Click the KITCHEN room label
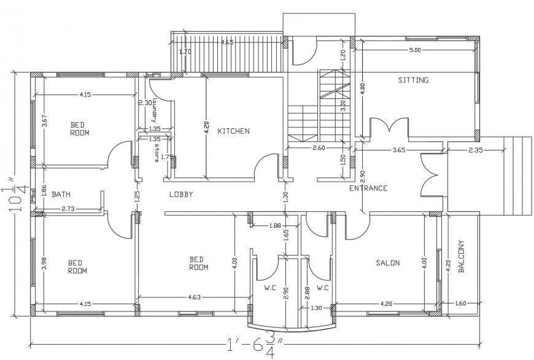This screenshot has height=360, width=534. [233, 131]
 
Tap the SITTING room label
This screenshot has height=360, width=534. [413, 80]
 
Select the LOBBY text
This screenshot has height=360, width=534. [181, 194]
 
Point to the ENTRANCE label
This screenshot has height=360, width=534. [368, 188]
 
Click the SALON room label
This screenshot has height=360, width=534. [387, 263]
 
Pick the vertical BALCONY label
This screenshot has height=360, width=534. [461, 257]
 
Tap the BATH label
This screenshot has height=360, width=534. [60, 194]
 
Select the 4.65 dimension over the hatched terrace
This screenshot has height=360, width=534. [226, 42]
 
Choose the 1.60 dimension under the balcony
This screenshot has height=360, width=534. [461, 303]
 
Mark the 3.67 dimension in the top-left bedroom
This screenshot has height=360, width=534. [44, 121]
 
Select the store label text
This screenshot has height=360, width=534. [157, 154]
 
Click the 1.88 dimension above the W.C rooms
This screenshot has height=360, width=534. [275, 225]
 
